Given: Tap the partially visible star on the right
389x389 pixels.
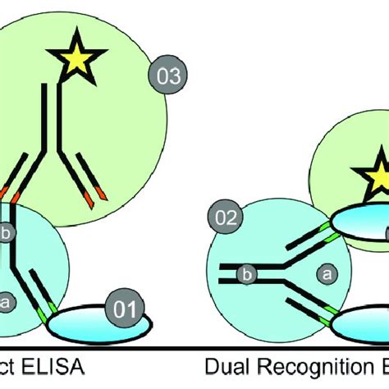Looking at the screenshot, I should (x=377, y=178).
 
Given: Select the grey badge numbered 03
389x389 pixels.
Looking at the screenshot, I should (x=167, y=77).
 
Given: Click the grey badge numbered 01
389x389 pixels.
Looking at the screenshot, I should (x=125, y=310).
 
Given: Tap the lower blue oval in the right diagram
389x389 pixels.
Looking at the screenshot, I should (x=361, y=326).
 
